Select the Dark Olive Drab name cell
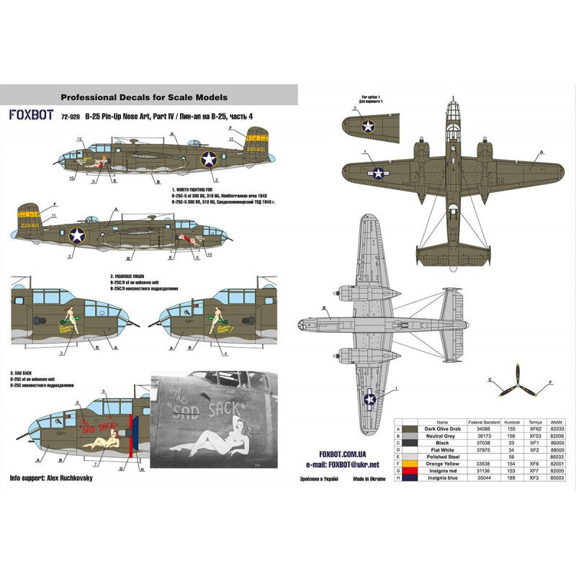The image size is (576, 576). [x=442, y=428]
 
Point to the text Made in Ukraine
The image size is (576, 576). [x=357, y=477]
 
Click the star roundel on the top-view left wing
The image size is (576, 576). [x=377, y=172]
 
